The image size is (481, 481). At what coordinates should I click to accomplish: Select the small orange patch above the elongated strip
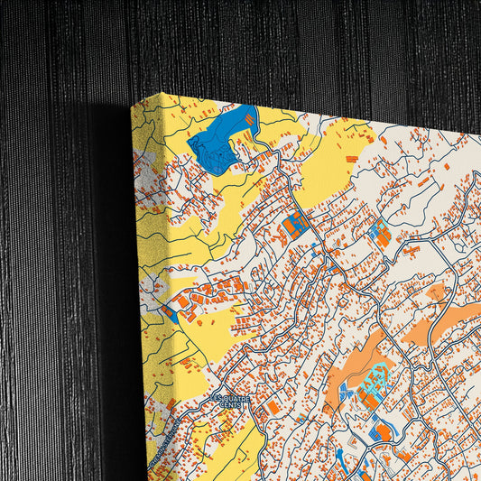point(436,292)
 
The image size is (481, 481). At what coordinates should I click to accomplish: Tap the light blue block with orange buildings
point(378,233)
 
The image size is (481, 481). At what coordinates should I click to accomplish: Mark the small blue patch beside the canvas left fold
point(171,314)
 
